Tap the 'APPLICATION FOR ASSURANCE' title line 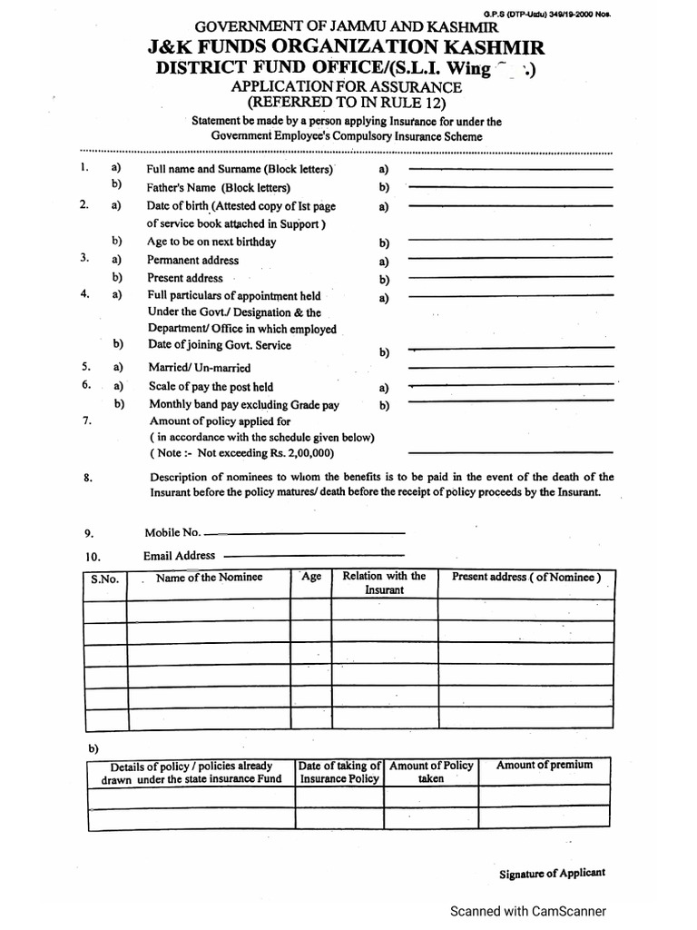pyautogui.click(x=347, y=87)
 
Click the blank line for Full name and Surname pyautogui.click(x=510, y=169)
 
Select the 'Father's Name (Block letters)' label pyautogui.click(x=219, y=188)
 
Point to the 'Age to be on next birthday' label pyautogui.click(x=211, y=242)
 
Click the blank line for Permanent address pyautogui.click(x=510, y=261)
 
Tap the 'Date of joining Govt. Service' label pyautogui.click(x=219, y=345)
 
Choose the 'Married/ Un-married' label pyautogui.click(x=198, y=369)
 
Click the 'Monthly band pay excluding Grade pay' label pyautogui.click(x=243, y=405)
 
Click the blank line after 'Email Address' pyautogui.click(x=312, y=556)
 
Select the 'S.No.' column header pyautogui.click(x=104, y=579)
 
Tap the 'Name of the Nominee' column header pyautogui.click(x=209, y=578)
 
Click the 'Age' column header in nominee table pyautogui.click(x=310, y=578)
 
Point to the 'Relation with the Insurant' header pyautogui.click(x=384, y=583)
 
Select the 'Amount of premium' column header pyautogui.click(x=545, y=766)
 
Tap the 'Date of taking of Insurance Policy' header pyautogui.click(x=339, y=772)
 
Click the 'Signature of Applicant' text pyautogui.click(x=552, y=874)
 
